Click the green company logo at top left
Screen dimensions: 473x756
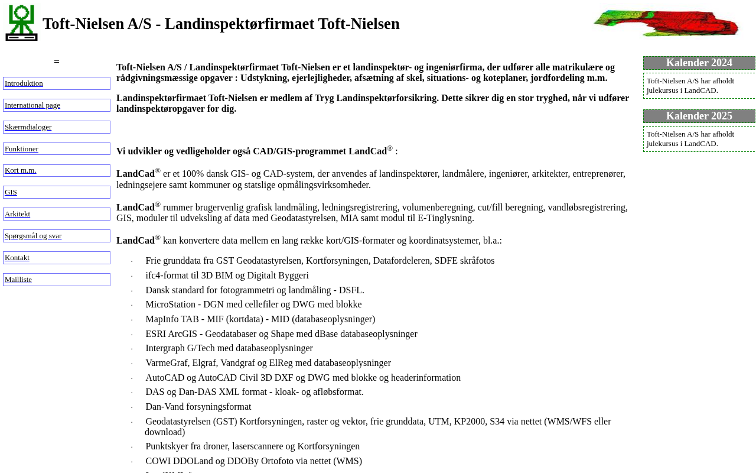click(x=21, y=23)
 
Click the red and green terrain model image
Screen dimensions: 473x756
click(x=666, y=23)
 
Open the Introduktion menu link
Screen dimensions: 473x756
click(x=24, y=83)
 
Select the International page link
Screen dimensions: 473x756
click(x=32, y=105)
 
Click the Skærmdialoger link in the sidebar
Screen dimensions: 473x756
click(x=28, y=127)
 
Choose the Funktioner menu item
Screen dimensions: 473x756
click(x=21, y=149)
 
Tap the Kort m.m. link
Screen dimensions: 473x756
click(x=21, y=170)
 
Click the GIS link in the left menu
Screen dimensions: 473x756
click(x=11, y=192)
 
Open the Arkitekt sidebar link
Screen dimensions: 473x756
click(x=17, y=214)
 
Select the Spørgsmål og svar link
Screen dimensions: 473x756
click(x=33, y=236)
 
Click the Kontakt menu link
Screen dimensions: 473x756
click(x=17, y=258)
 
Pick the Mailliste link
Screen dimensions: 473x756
click(x=18, y=280)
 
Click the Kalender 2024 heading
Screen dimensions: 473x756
click(x=699, y=63)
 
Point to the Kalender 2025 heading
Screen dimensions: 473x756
click(x=699, y=116)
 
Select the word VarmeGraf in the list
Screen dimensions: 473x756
click(x=166, y=363)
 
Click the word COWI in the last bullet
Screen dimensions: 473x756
click(x=158, y=461)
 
